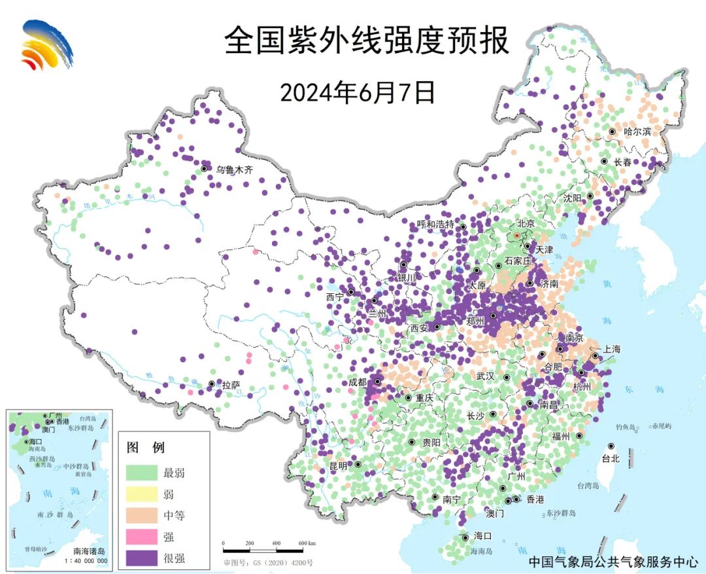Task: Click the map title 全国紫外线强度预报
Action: pos(366,41)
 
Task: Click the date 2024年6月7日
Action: pos(358,93)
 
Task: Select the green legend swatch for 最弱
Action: pos(142,472)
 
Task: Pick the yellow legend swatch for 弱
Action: pos(142,493)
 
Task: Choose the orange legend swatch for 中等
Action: pos(142,515)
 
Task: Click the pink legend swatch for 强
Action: pos(142,537)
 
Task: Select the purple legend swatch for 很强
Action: pos(142,558)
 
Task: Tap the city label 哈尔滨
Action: pos(637,132)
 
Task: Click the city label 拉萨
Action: pos(231,386)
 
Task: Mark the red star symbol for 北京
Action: pos(516,235)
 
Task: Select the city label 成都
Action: pos(358,382)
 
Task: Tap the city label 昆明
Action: pos(339,466)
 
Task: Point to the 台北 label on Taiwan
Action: pos(610,459)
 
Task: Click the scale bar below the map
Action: pos(269,543)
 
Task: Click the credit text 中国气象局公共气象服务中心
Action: pos(613,562)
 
